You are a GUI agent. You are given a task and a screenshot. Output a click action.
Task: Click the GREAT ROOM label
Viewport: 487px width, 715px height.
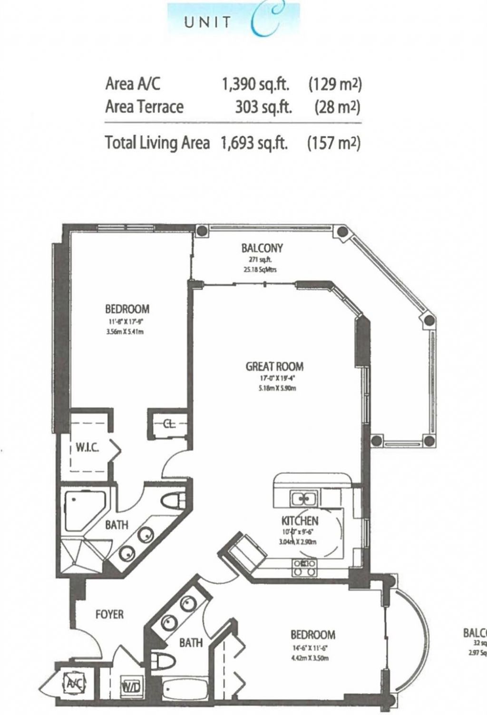pyautogui.click(x=274, y=366)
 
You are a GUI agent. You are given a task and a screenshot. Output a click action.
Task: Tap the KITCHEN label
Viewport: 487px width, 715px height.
pyautogui.click(x=300, y=521)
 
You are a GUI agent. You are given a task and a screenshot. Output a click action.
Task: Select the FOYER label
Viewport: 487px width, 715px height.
pyautogui.click(x=109, y=614)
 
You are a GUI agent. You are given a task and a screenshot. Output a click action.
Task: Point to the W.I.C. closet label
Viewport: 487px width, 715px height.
pyautogui.click(x=88, y=448)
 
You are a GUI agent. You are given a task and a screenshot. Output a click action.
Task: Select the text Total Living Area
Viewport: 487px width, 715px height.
pyautogui.click(x=157, y=143)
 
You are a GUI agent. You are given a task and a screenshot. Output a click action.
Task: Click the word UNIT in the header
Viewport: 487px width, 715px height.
pyautogui.click(x=208, y=22)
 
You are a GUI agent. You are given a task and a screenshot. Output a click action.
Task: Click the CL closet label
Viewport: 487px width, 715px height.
pyautogui.click(x=169, y=425)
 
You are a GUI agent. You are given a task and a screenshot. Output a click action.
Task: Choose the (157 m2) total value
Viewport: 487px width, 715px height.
pyautogui.click(x=334, y=143)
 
